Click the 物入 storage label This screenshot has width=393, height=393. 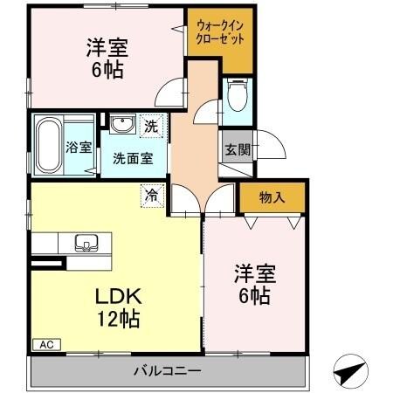272,198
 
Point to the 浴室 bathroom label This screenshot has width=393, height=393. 79,148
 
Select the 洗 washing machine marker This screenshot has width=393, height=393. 151,125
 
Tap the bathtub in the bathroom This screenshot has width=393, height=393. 49,146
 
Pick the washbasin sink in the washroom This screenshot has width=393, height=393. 121,123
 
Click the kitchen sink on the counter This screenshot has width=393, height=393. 88,242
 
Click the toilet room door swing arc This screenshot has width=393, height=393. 207,108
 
